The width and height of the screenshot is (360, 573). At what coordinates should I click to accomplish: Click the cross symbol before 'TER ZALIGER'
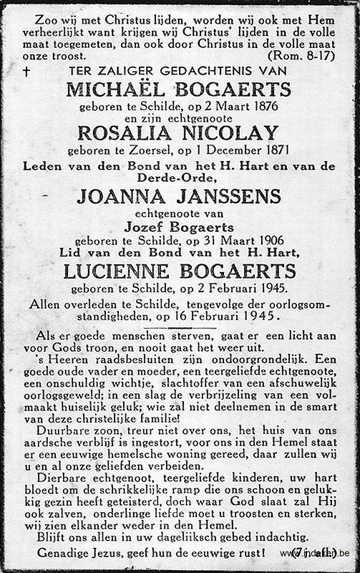coord(26,71)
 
